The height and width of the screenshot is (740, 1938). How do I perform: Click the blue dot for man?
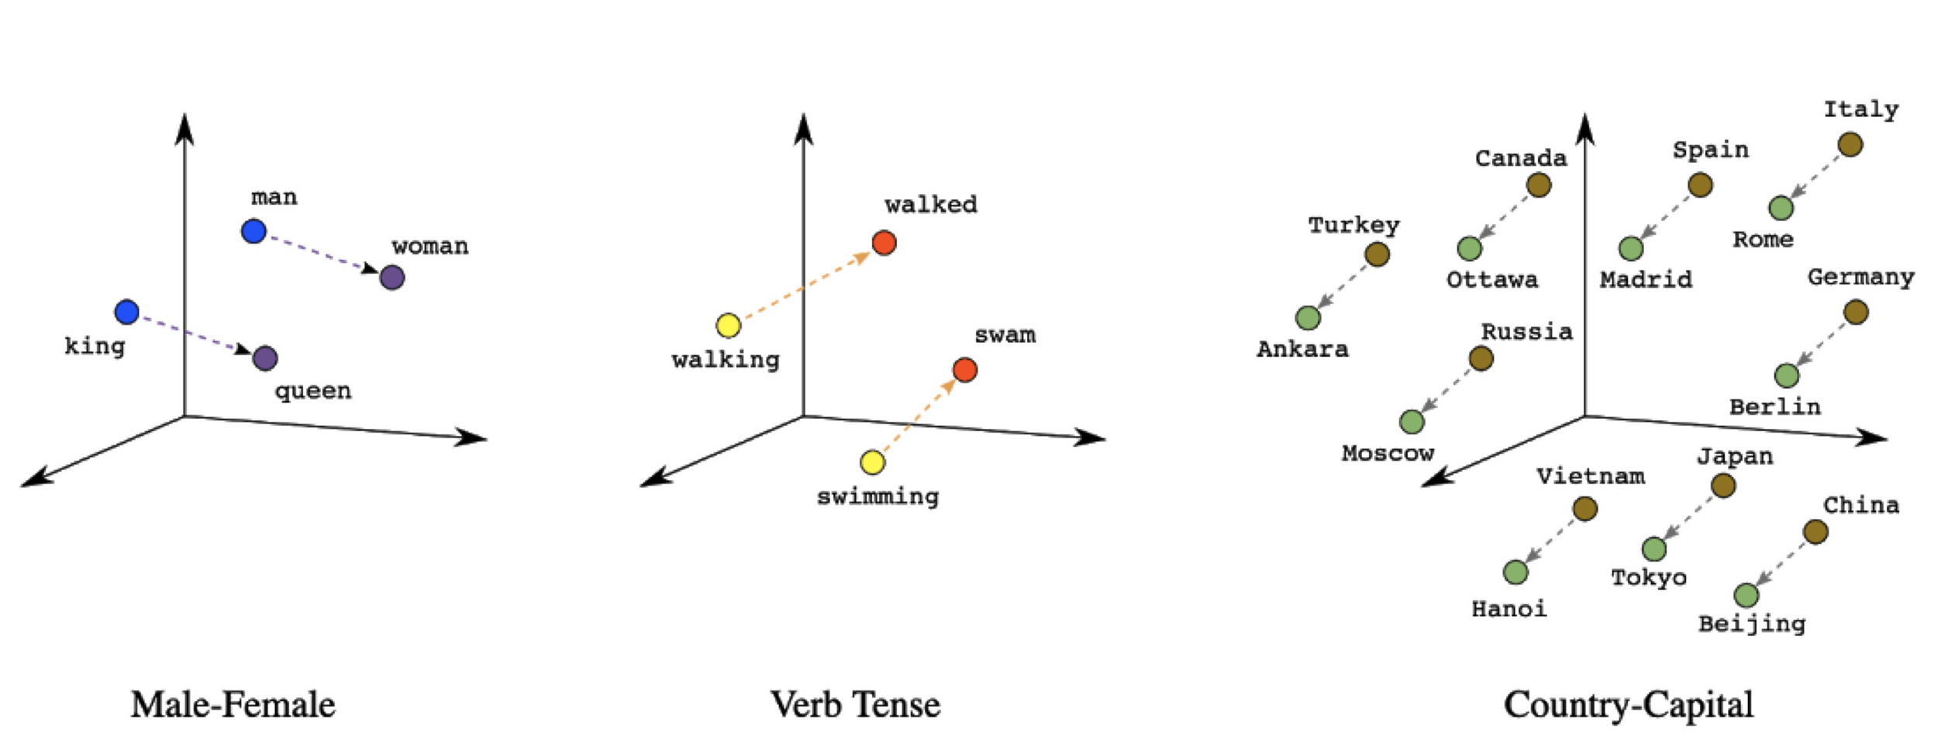253,231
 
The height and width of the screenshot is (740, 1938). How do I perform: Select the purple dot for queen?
265,358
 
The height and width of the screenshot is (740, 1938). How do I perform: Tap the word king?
95,346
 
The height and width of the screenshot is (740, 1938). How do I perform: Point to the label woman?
430,247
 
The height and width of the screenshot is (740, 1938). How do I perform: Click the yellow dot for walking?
728,326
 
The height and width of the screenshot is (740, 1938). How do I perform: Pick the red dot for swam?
964,369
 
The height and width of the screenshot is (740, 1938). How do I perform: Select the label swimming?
878,496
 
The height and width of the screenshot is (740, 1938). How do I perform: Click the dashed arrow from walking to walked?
806,284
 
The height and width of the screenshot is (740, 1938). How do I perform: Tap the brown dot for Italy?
1850,144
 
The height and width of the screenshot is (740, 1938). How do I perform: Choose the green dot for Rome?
1781,208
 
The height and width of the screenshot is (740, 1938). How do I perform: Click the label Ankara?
1302,349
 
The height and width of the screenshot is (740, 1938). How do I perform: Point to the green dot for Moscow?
1412,422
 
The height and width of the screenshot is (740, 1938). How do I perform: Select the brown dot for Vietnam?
1585,509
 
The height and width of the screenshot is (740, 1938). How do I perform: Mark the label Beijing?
1752,624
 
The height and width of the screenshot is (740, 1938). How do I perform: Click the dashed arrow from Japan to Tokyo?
1688,517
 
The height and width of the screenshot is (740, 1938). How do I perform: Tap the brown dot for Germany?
1856,313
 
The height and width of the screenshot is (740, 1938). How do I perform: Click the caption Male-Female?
233,704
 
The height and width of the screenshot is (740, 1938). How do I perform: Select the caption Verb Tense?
855,704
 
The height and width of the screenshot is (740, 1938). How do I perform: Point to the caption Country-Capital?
1628,704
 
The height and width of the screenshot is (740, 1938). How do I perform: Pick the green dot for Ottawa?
1469,249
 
